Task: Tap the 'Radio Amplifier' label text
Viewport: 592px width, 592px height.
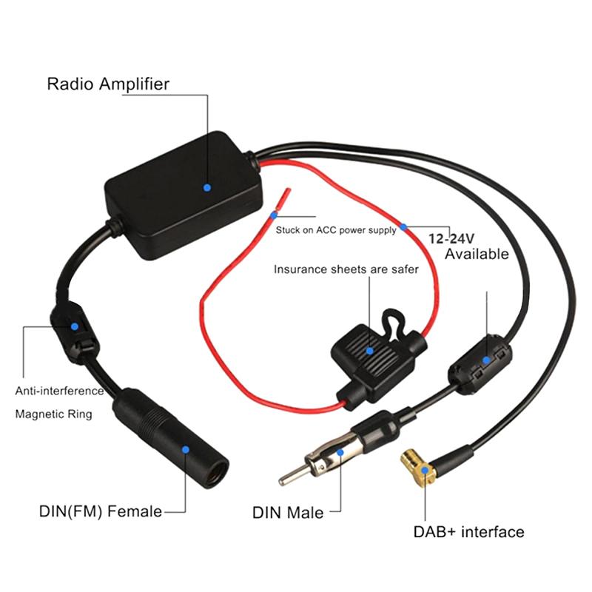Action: (108, 84)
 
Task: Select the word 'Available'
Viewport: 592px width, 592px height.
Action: (477, 255)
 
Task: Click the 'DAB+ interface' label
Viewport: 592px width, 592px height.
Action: (469, 532)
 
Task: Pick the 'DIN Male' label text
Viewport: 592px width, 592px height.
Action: (288, 512)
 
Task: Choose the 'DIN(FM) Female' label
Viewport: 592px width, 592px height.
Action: (100, 511)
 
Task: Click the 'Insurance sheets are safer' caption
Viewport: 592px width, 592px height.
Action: (346, 269)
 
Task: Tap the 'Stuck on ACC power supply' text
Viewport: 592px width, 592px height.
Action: (336, 230)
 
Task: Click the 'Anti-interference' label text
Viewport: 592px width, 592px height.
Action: (60, 390)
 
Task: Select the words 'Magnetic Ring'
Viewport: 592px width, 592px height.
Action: (53, 414)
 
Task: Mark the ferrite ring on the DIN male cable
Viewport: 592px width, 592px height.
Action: (478, 363)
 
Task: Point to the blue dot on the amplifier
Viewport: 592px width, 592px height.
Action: (207, 188)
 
